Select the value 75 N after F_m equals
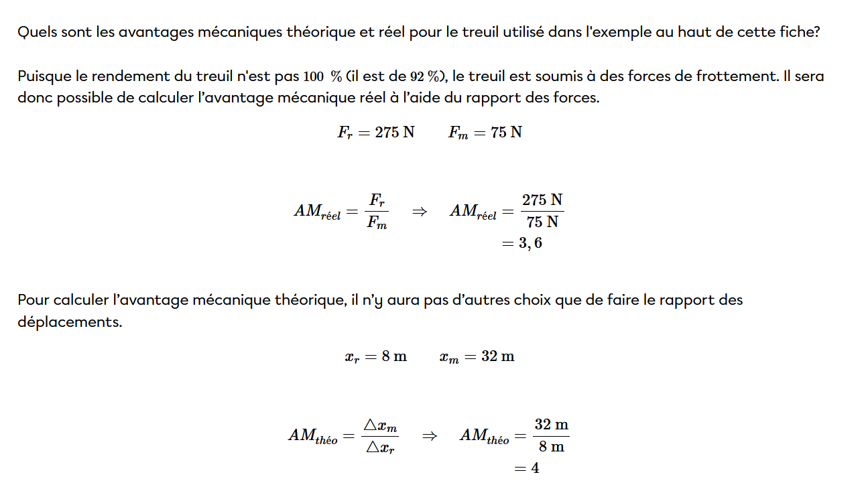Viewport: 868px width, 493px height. tap(506, 132)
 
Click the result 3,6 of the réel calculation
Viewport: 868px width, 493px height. tap(530, 243)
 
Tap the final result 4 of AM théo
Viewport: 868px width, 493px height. tap(535, 468)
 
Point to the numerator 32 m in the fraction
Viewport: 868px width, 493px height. tap(551, 425)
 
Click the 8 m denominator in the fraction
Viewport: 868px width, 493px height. tap(551, 447)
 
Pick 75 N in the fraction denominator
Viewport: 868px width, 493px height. tap(542, 222)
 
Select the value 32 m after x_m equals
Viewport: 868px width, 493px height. tap(498, 356)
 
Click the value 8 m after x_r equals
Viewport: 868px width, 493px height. tap(394, 356)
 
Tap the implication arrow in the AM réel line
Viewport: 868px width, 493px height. tap(419, 211)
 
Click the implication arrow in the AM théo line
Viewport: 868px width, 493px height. tap(430, 435)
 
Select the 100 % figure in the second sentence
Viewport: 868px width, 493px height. tap(322, 76)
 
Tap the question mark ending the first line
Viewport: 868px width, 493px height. tap(815, 32)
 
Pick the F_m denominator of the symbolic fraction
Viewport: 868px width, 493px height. tap(377, 223)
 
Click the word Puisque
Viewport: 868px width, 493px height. tap(42, 76)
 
